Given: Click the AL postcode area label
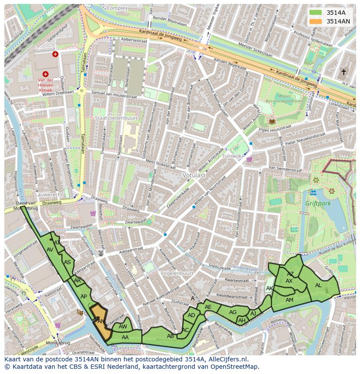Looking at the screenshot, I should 318,285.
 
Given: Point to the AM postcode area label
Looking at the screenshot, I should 290,300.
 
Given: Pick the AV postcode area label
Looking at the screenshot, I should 50,250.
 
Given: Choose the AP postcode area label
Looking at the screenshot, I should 84,297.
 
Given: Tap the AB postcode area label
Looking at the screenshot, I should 170,336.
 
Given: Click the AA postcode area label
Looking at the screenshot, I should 125,337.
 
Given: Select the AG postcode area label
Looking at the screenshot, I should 233,312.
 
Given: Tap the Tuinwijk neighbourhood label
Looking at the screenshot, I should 231,156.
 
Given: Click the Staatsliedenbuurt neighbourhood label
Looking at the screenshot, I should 116,118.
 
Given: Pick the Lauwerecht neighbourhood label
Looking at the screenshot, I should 50,195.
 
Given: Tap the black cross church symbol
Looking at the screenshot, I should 343,72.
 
